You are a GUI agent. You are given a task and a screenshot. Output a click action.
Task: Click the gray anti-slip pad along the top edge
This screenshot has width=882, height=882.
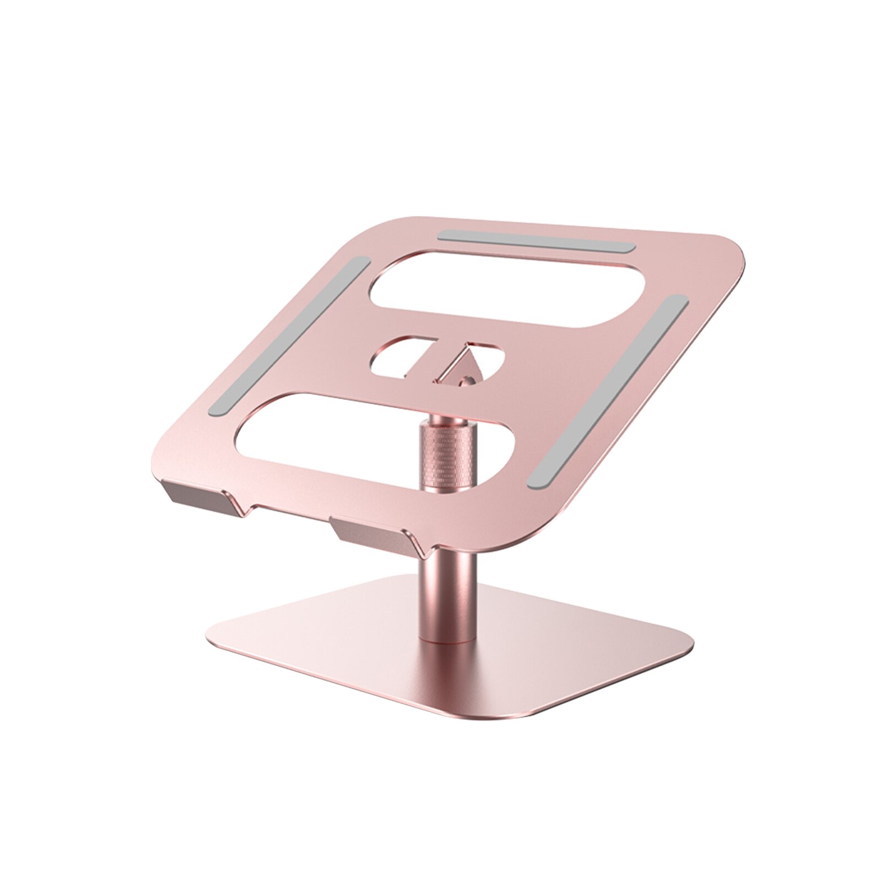point(537,241)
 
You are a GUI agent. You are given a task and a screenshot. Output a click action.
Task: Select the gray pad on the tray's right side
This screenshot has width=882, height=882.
point(608,391)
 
